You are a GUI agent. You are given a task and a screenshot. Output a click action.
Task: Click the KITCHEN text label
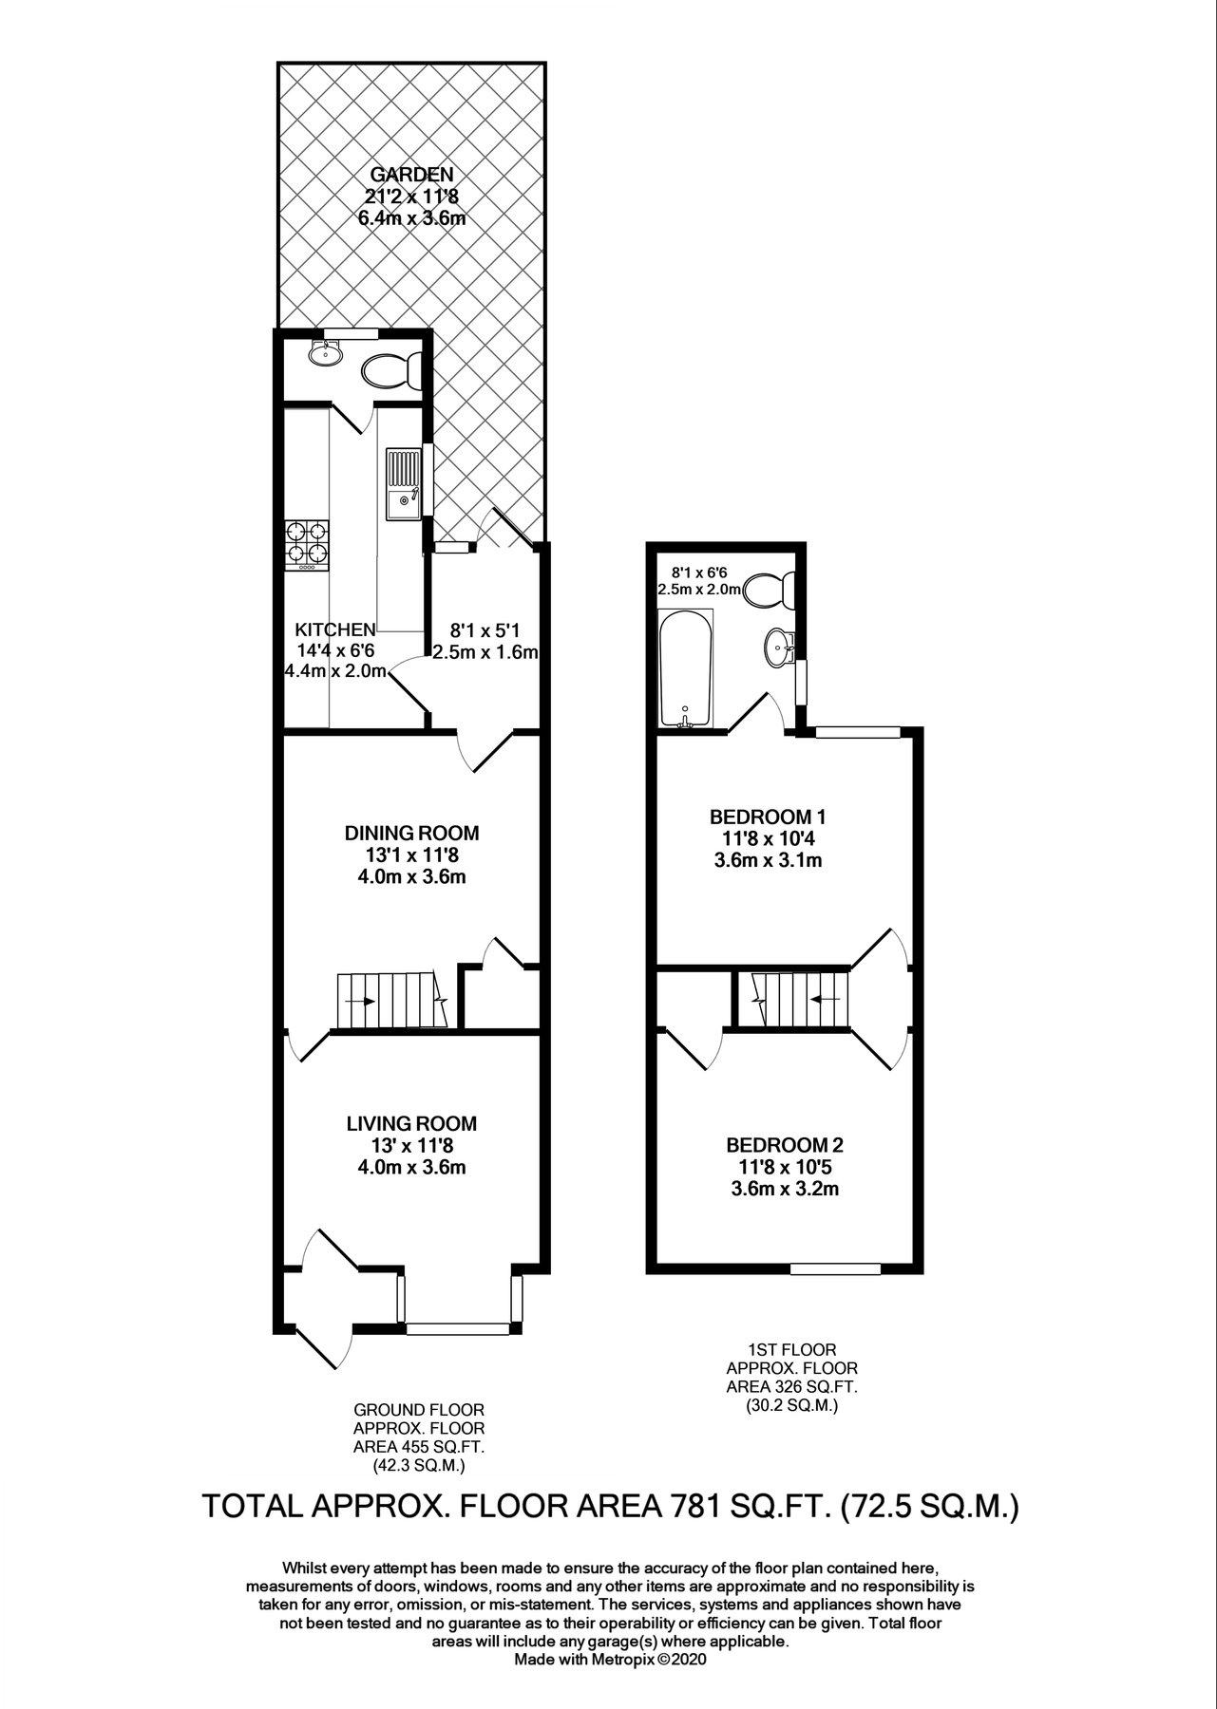[334, 629]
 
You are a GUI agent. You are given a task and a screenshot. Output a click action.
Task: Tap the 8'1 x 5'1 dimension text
[485, 629]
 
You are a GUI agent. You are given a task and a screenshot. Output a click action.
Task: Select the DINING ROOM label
[411, 834]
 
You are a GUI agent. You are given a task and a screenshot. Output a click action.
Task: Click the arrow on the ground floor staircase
[358, 1002]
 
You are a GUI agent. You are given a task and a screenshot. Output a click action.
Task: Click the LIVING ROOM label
[411, 1124]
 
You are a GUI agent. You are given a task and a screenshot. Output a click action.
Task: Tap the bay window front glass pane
[458, 1329]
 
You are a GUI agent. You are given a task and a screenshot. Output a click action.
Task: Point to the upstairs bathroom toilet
[767, 591]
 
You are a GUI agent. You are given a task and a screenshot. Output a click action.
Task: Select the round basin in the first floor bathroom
[776, 648]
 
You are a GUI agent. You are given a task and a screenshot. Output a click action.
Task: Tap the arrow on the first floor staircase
[823, 999]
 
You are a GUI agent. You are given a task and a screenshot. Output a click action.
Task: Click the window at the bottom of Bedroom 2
[835, 1268]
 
